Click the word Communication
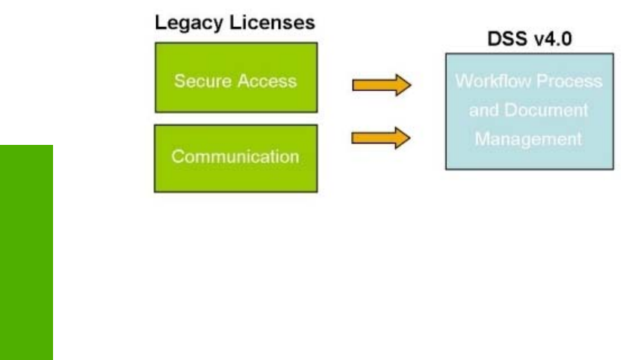pyautogui.click(x=235, y=158)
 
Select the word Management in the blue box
pyautogui.click(x=530, y=138)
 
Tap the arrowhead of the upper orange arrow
pyautogui.click(x=403, y=84)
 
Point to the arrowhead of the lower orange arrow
pyautogui.click(x=403, y=137)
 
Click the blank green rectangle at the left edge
pyautogui.click(x=26, y=252)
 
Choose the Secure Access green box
pyautogui.click(x=235, y=78)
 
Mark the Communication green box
pyautogui.click(x=235, y=158)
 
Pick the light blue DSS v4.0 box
pyautogui.click(x=529, y=111)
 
